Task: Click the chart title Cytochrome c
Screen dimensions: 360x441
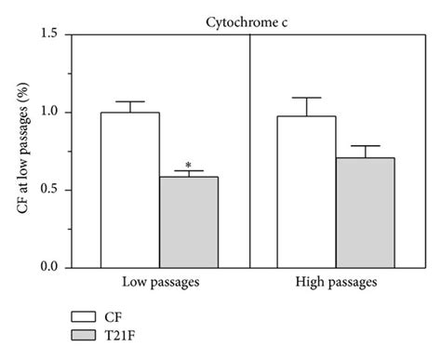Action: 250,18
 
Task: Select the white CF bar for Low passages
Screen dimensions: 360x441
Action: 129,190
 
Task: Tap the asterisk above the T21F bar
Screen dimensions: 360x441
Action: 189,164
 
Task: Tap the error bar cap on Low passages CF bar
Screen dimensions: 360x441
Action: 129,101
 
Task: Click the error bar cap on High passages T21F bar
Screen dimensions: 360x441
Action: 366,146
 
